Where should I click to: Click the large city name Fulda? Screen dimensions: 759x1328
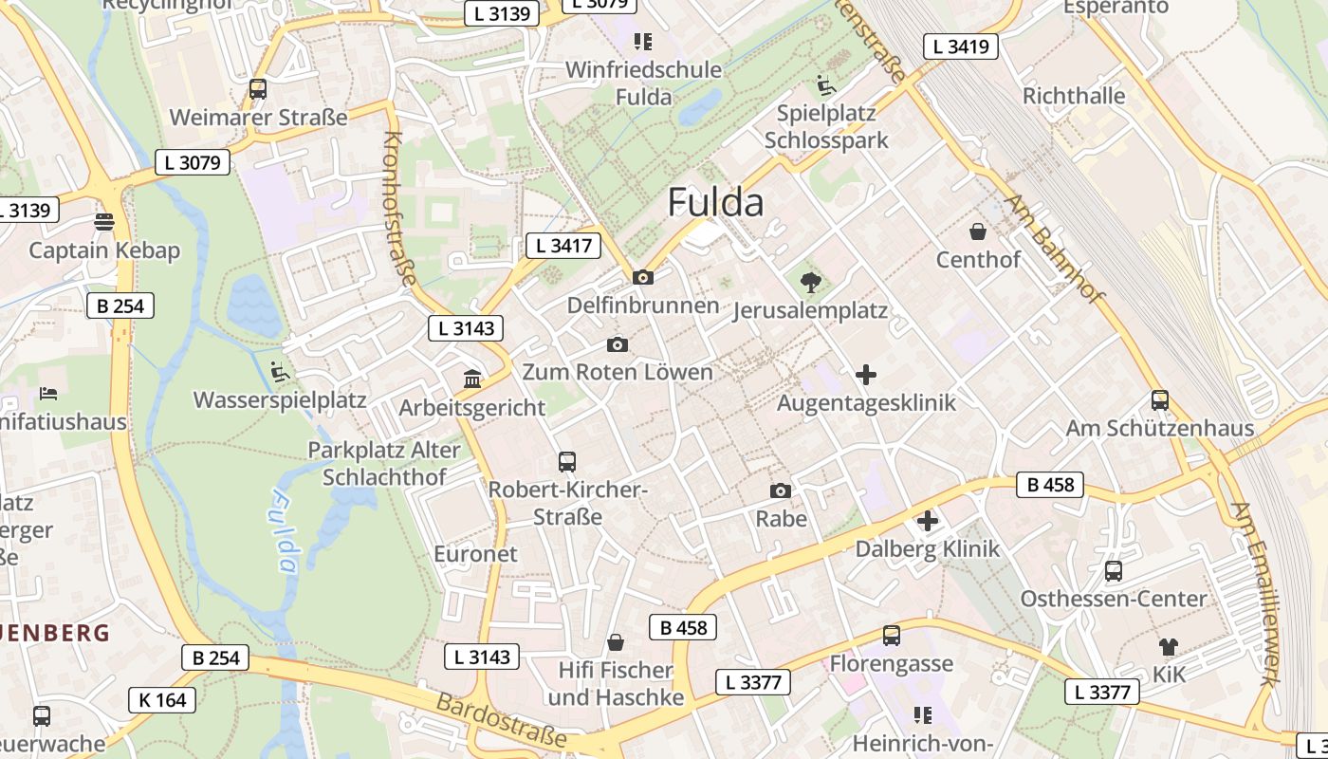[715, 202]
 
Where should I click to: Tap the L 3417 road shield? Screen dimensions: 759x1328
[563, 246]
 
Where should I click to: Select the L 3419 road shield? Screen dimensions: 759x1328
[960, 46]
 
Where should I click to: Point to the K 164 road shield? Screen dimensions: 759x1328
[162, 700]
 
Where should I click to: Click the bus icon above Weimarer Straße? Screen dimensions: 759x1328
[257, 89]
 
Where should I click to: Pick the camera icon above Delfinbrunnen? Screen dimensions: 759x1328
[642, 277]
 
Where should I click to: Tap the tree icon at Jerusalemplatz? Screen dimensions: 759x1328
[810, 282]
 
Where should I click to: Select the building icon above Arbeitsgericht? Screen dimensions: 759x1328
[471, 379]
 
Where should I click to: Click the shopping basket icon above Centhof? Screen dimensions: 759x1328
[977, 231]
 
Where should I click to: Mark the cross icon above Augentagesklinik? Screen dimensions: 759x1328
[866, 375]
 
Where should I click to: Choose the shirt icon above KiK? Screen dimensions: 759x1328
[1168, 647]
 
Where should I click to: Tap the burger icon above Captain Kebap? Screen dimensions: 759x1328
[104, 222]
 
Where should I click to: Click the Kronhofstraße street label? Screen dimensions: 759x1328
[398, 208]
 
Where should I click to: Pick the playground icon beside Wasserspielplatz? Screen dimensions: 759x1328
[279, 372]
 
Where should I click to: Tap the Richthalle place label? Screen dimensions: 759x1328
[1074, 96]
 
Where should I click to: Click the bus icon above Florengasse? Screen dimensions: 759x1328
[891, 636]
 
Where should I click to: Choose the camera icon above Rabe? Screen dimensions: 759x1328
[780, 491]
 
